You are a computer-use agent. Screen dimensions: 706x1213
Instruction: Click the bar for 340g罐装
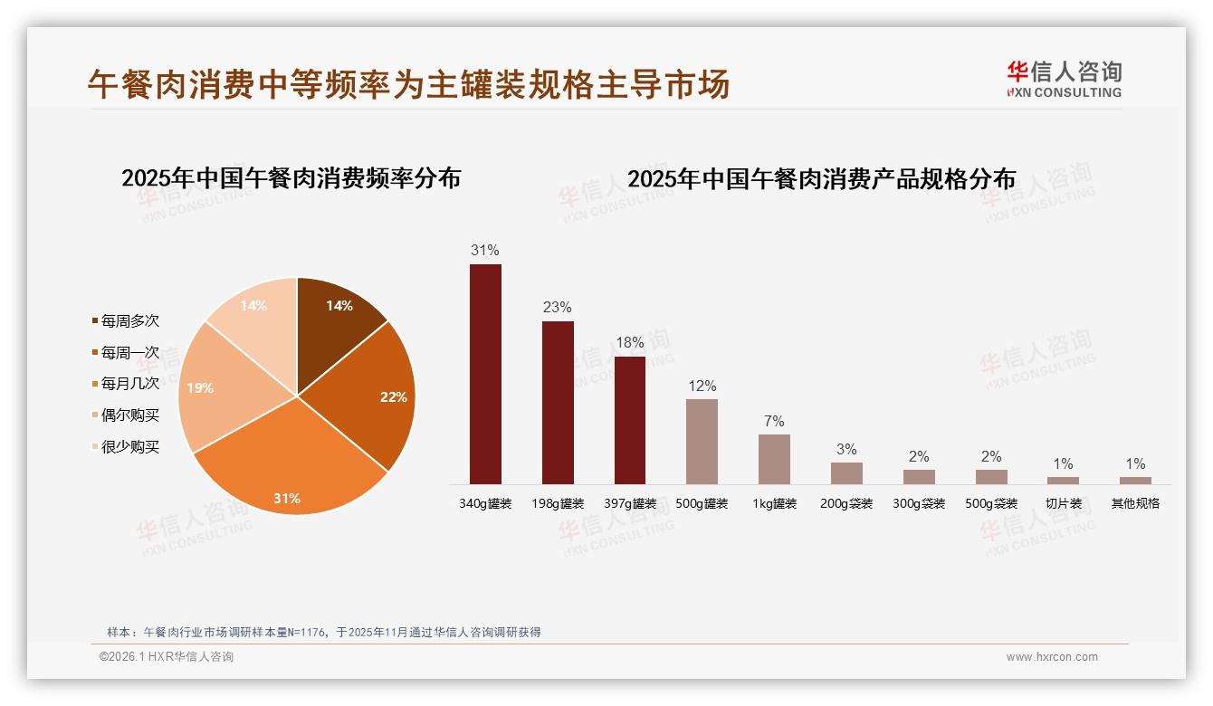[x=485, y=374]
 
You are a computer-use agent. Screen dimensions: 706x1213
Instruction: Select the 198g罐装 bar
[x=558, y=403]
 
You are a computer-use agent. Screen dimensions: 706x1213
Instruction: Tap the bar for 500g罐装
[x=702, y=442]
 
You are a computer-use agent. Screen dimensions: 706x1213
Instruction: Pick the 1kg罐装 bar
[x=774, y=459]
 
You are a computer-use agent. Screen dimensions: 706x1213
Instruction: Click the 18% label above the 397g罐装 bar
[x=630, y=343]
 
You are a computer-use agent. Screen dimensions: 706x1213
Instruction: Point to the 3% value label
[x=846, y=450]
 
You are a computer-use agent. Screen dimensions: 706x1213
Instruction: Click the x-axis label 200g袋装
[x=846, y=503]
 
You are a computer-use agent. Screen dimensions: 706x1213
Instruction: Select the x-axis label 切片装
[x=1064, y=503]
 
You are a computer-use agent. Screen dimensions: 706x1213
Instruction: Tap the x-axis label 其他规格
[x=1135, y=503]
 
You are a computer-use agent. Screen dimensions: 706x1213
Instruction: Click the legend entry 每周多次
[x=130, y=321]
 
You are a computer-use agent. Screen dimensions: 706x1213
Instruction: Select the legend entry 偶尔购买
[x=130, y=415]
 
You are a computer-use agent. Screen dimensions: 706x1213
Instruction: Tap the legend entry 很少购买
[x=130, y=447]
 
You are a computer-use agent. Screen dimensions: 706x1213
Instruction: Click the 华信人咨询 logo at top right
[x=1064, y=79]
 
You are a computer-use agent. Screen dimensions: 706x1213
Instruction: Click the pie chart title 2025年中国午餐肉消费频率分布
[x=291, y=177]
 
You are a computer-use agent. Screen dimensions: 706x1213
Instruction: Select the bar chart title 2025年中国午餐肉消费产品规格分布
[x=821, y=178]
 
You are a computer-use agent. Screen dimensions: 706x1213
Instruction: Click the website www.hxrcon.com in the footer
[x=1052, y=657]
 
